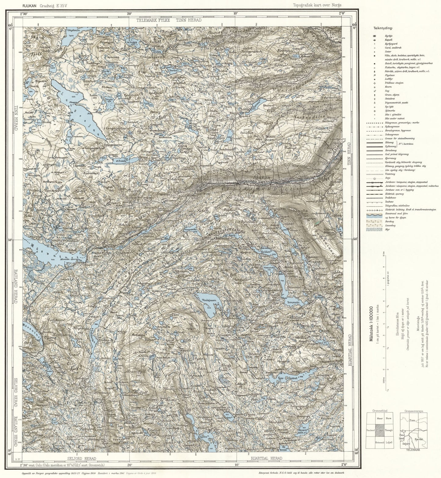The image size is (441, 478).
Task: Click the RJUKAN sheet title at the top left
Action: (30, 5)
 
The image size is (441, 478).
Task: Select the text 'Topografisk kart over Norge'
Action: (317, 5)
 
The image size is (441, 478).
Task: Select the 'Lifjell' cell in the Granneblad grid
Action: (389, 442)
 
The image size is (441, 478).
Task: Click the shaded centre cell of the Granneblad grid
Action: (379, 430)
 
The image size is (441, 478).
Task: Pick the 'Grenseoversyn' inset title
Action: (415, 411)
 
